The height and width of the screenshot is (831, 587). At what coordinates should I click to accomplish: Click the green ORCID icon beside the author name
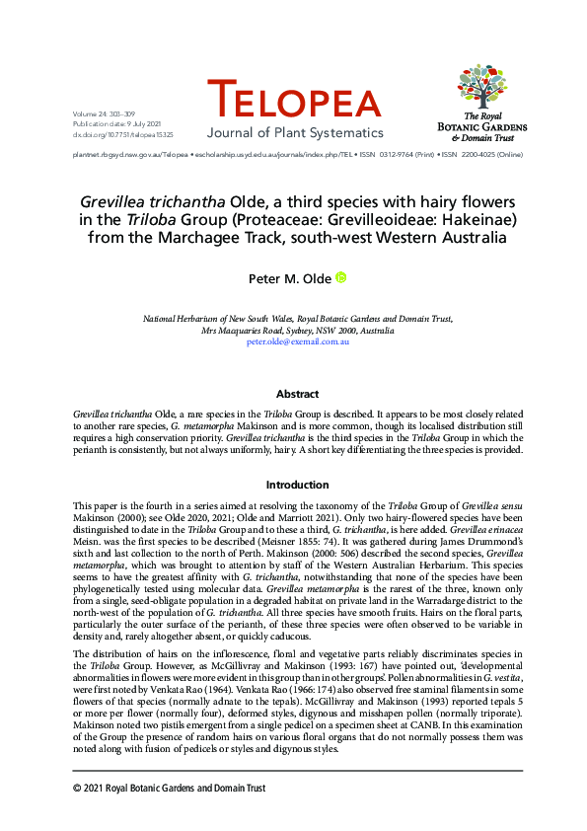341,278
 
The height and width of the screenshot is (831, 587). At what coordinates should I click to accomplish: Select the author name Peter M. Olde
289,279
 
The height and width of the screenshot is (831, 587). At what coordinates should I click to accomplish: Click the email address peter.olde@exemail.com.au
298,340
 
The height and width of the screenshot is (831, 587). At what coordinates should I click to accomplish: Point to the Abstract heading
297,394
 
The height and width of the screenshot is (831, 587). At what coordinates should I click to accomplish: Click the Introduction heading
297,486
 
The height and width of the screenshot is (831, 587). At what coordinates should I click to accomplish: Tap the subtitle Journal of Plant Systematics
294,133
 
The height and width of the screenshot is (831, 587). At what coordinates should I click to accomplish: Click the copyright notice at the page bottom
170,788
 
